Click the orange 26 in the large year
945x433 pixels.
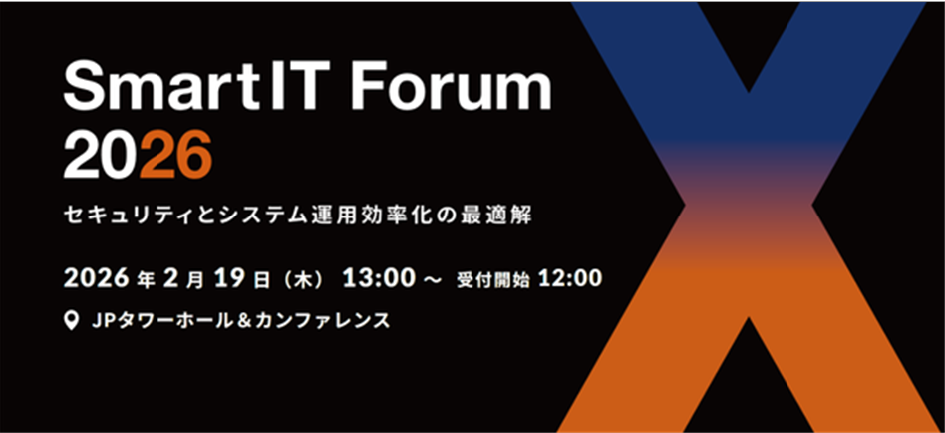[x=175, y=156]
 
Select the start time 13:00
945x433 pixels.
[x=379, y=278]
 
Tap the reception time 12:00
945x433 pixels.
[x=570, y=278]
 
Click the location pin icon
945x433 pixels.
[x=71, y=321]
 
